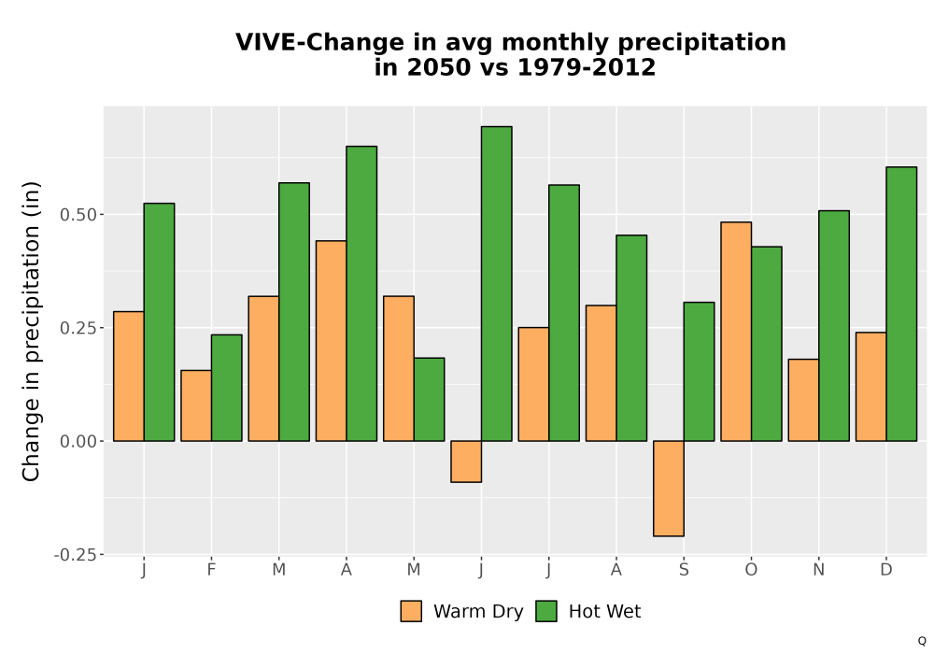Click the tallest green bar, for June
tap(497, 283)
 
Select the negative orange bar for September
tap(669, 489)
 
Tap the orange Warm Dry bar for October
tap(736, 331)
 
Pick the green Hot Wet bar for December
tap(901, 304)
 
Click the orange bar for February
tap(196, 405)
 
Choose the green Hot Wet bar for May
tap(429, 399)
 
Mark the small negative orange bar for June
tap(466, 462)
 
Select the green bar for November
tap(834, 326)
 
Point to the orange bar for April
tap(332, 341)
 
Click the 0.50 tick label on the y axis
tap(78, 215)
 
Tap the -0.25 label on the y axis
tap(75, 555)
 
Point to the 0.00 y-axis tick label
tap(78, 441)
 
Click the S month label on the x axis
tap(684, 570)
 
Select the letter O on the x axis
tap(751, 570)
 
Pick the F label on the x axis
tap(211, 570)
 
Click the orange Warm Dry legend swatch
tap(411, 611)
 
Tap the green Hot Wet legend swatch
tap(546, 611)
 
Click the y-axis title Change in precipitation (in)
tap(31, 331)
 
